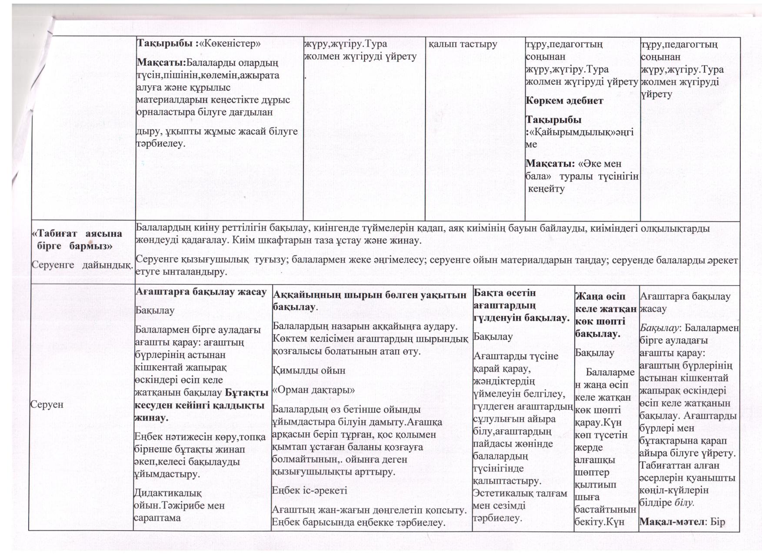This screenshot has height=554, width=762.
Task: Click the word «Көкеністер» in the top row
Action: [233, 43]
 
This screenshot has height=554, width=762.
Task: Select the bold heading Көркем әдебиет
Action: [564, 101]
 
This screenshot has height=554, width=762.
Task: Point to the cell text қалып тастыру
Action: [463, 44]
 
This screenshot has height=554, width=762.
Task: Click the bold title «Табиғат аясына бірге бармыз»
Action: [77, 239]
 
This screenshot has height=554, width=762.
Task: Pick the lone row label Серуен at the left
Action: [47, 405]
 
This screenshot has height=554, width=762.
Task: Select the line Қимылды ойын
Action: [309, 371]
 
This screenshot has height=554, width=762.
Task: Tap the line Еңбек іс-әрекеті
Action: [309, 491]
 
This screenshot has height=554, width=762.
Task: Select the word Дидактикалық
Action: [168, 493]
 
